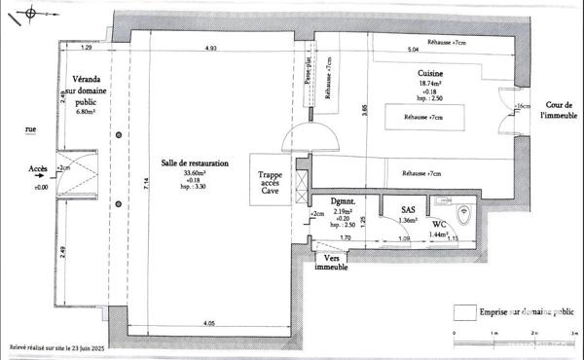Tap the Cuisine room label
click(430, 74)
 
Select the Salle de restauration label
click(195, 164)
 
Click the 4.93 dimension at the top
click(210, 48)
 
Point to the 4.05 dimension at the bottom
click(210, 323)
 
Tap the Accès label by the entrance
click(40, 168)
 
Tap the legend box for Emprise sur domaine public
click(463, 312)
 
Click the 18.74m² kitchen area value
click(430, 85)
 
